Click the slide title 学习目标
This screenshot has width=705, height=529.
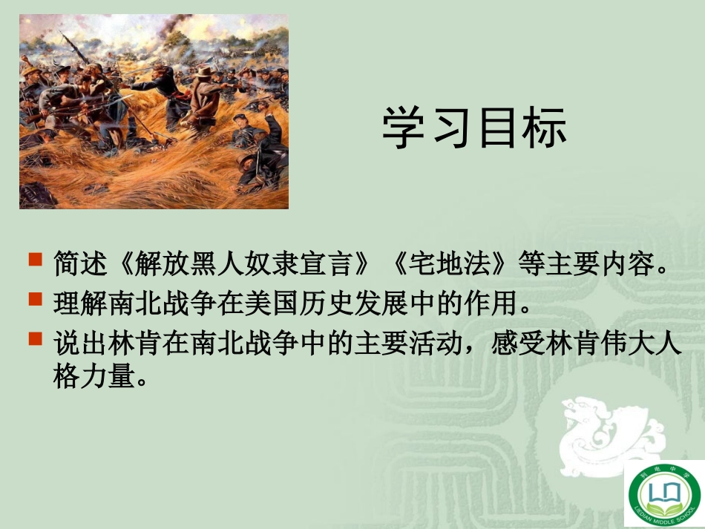point(475,128)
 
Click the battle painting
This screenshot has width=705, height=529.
point(154,111)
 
